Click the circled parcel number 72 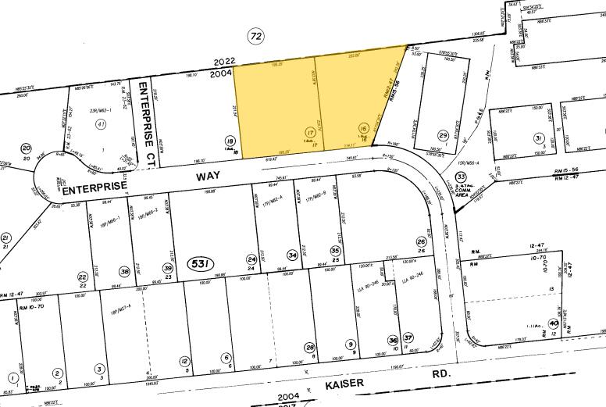click(254, 35)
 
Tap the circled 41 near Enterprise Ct click(100, 124)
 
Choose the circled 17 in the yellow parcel click(310, 131)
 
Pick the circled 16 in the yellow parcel click(363, 128)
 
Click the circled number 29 click(443, 136)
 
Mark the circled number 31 click(538, 138)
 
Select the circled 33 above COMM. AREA click(461, 177)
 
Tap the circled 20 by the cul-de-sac click(26, 148)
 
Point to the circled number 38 click(125, 271)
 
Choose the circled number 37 click(408, 337)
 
